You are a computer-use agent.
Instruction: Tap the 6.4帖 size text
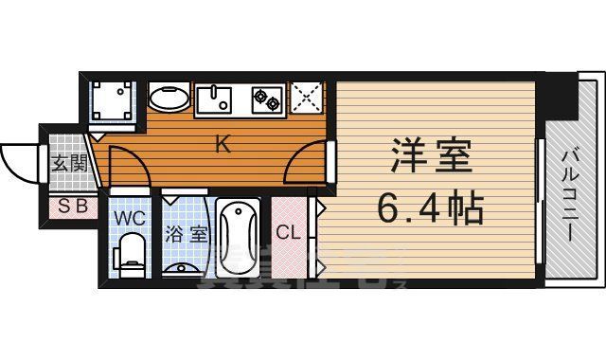pyautogui.click(x=431, y=207)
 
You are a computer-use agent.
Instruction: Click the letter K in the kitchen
pyautogui.click(x=223, y=145)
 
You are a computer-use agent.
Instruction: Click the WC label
pyautogui.click(x=130, y=217)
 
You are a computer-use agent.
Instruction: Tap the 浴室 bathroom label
pyautogui.click(x=186, y=234)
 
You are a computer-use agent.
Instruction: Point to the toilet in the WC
pyautogui.click(x=130, y=254)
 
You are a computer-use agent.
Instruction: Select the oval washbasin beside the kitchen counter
pyautogui.click(x=169, y=99)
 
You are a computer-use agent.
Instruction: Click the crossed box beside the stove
pyautogui.click(x=306, y=99)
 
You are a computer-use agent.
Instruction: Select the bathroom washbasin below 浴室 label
pyautogui.click(x=185, y=266)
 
